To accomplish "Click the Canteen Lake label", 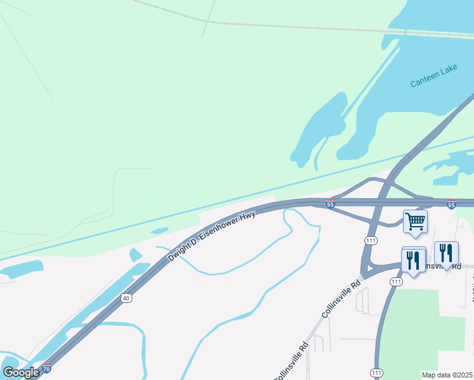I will pos(433,82).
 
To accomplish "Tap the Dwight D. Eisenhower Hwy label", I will pos(212,237).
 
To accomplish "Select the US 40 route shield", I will pos(126,298).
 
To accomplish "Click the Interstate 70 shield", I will pos(46,369).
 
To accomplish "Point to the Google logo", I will pos(21,372).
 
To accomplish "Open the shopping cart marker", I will pos(415,222).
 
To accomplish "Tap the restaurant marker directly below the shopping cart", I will pos(413,260).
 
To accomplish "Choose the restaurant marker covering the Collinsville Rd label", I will pos(446,253).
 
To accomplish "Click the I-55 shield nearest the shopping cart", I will pos(451,205).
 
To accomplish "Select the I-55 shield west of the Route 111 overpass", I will pos(330,204).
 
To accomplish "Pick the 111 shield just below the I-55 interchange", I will pos(371,241).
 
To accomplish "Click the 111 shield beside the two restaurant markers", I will pos(396,281).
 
